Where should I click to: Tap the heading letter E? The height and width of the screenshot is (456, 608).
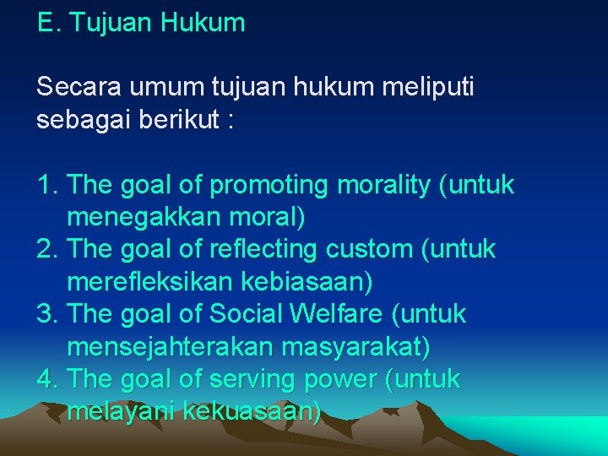45,23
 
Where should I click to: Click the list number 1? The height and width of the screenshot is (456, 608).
46,185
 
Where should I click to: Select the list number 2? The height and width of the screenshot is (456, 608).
46,250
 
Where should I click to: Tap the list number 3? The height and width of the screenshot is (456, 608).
46,314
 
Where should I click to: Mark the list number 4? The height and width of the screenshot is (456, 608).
46,379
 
